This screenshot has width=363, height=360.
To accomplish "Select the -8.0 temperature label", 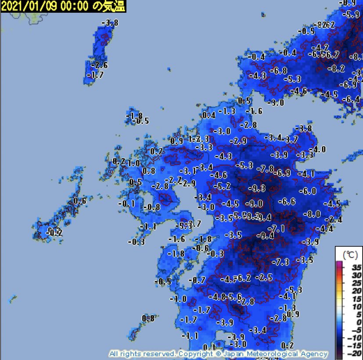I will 313,214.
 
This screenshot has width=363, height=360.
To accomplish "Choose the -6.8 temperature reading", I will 278,71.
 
